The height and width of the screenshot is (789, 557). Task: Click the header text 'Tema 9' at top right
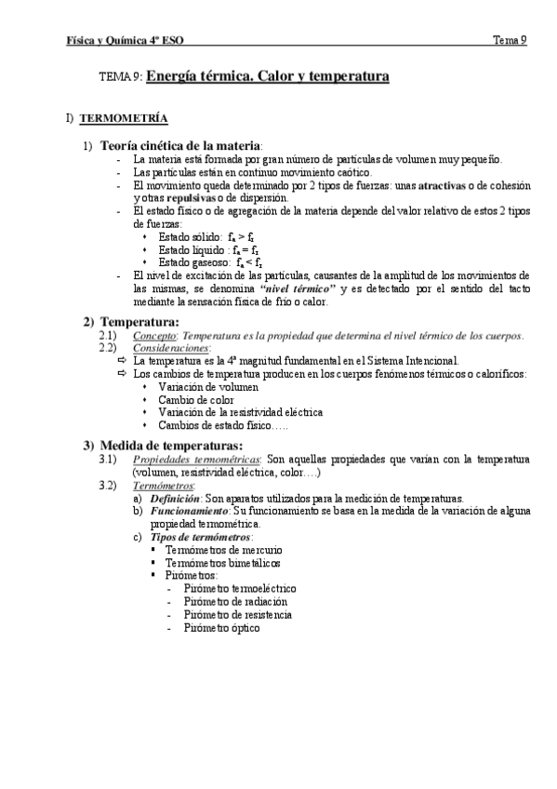pos(510,39)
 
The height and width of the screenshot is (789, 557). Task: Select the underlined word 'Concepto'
pos(153,335)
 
